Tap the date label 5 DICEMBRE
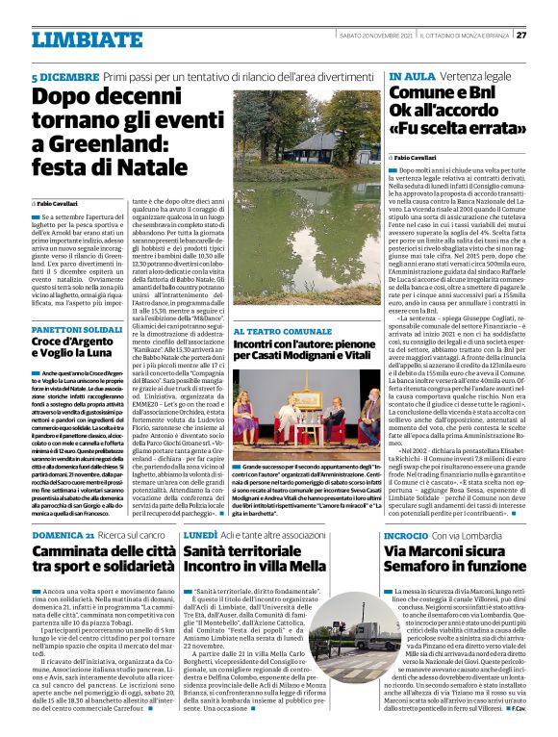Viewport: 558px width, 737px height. click(63, 75)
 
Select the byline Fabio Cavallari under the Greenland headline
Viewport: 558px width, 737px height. click(66, 205)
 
